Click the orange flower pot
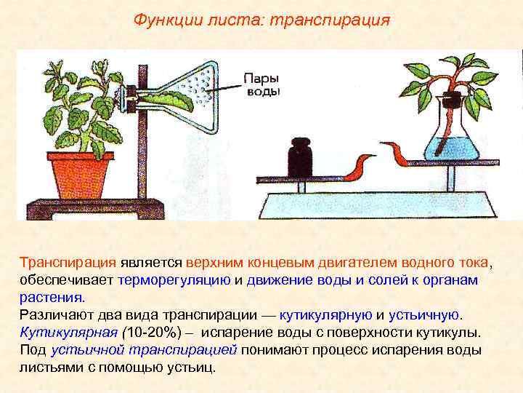point(81,172)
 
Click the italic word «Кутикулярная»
point(68,333)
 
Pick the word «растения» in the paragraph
point(51,297)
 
